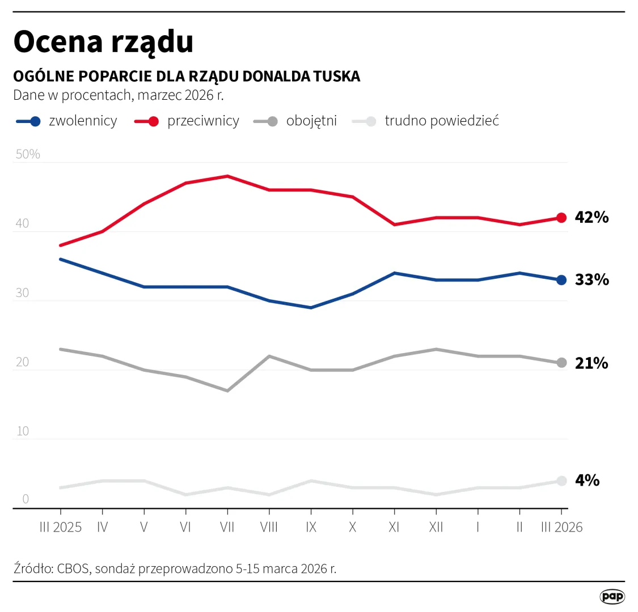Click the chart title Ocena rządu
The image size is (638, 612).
coord(103,42)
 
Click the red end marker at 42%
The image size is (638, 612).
coord(561,218)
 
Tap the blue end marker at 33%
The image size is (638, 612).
coord(561,280)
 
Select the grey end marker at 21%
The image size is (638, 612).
coord(561,363)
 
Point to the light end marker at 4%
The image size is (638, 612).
coord(561,481)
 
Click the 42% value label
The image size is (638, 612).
coord(591,218)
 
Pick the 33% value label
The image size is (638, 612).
coord(591,280)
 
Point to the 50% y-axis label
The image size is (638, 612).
coord(27,154)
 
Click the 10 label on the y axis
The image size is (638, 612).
coord(22,431)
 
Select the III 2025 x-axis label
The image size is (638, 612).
coord(61,528)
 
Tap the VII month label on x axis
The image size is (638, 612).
coord(227,528)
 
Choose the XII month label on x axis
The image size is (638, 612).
coord(436,528)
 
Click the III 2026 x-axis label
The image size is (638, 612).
coord(561,528)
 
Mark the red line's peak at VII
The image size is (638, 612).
coord(227,176)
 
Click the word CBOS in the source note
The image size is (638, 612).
coord(73,568)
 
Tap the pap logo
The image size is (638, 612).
coord(612,596)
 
